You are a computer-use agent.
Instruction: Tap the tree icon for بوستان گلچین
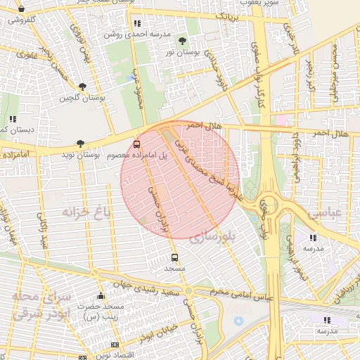pos(83,86)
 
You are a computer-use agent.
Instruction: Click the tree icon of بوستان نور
pos(183,41)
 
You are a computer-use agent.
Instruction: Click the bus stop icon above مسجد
pos(174,257)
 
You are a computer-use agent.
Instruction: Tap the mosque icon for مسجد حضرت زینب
pos(100,296)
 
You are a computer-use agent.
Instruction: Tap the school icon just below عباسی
pos(313,238)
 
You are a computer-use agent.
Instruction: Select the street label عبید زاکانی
pos(44,232)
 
